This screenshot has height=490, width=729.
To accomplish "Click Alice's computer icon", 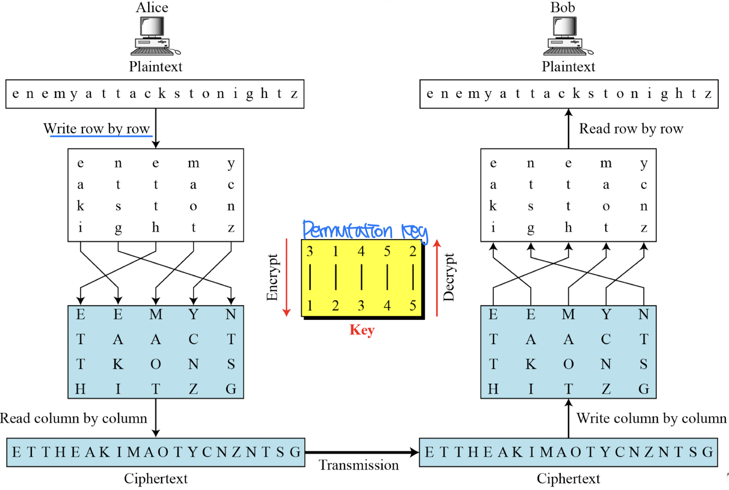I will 155,36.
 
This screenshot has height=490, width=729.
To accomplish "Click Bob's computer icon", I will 567,36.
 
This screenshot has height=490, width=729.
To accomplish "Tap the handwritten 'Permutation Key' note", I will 364,231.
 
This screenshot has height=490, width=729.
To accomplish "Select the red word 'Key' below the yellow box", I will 362,330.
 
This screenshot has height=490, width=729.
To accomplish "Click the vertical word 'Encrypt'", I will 272,277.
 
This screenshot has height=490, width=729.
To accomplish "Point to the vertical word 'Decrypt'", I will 449,277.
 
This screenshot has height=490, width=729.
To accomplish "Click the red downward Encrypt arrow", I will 286,277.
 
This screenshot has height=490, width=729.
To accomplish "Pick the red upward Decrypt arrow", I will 436,277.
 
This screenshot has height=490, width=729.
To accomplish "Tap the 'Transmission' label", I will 359,465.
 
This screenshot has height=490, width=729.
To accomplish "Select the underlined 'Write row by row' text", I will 97,129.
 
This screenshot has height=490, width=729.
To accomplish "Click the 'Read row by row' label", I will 631,129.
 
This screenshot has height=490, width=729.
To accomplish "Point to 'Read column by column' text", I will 74,418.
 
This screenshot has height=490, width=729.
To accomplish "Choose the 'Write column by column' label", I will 652,418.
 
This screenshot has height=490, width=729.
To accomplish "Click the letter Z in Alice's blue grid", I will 193,389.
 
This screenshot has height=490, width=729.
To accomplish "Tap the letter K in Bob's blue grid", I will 531,364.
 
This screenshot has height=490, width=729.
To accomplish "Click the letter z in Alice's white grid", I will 231,228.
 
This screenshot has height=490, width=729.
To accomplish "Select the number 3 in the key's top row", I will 310,251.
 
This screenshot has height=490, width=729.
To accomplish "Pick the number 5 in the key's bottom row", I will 413,306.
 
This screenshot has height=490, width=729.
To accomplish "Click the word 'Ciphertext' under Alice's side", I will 156,478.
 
